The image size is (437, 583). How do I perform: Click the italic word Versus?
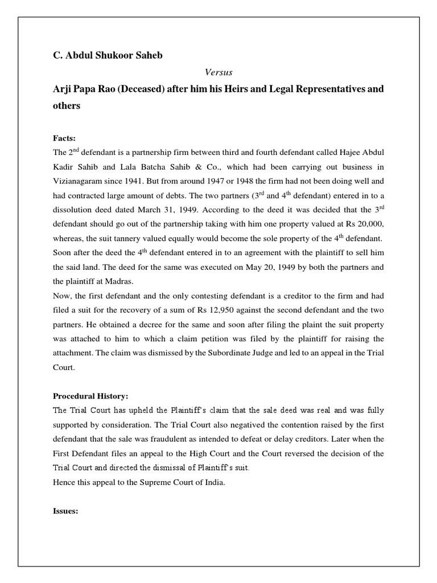pyautogui.click(x=218, y=73)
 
